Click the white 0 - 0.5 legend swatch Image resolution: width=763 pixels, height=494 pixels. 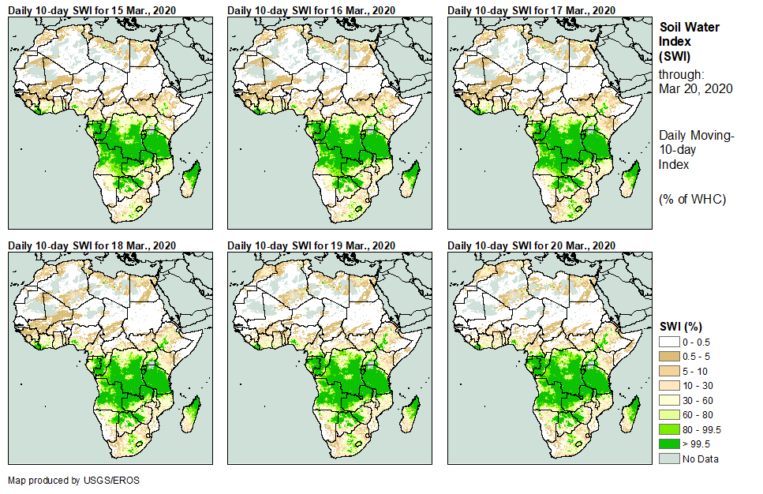tap(669, 341)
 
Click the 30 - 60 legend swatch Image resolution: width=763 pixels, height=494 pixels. tap(669, 399)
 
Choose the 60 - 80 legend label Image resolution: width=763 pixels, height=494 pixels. tap(698, 414)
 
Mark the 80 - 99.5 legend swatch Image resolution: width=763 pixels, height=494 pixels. tap(669, 429)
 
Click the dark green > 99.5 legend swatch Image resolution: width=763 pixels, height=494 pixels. tap(669, 444)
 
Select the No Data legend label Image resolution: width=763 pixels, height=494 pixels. tap(701, 459)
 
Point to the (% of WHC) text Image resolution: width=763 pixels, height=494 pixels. tap(692, 199)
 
